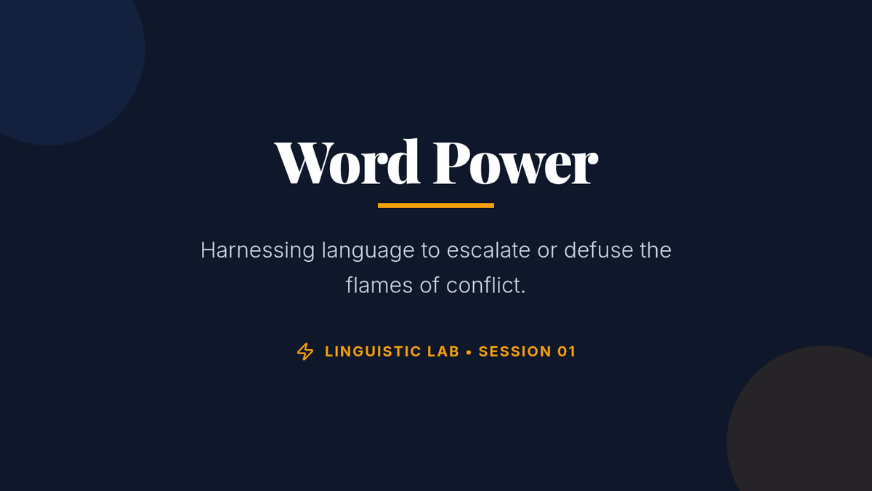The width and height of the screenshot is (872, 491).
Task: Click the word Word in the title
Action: (347, 161)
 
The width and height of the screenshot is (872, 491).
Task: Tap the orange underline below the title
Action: (436, 205)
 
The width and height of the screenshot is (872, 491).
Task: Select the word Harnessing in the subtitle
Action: (257, 250)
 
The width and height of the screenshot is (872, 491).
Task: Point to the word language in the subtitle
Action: (368, 250)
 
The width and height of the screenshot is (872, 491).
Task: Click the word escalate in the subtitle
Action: (488, 250)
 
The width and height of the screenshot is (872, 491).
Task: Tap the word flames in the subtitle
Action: (379, 285)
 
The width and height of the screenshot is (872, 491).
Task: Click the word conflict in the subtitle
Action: (485, 285)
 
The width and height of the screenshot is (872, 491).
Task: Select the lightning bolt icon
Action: (305, 351)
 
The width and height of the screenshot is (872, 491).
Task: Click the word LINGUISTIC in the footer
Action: (373, 351)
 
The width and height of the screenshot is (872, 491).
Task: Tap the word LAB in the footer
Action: (443, 351)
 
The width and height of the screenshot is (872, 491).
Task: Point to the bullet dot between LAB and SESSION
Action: (469, 352)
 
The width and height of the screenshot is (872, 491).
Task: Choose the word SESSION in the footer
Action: (514, 351)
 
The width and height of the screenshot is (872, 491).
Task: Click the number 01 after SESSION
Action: (566, 351)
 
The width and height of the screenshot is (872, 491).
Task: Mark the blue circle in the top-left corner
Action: (58, 58)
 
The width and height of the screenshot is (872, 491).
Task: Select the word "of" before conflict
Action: (429, 285)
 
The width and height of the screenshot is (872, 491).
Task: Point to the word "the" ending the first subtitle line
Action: (655, 250)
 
